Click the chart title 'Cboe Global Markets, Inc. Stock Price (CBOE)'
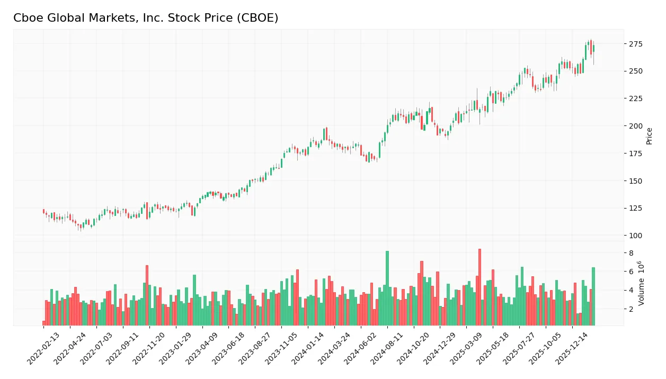tap(146, 18)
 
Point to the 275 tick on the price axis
tap(636, 44)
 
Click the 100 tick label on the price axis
tap(636, 236)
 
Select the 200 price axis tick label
tap(636, 126)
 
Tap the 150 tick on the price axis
tap(636, 181)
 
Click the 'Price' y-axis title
tap(650, 136)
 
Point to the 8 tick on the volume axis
tap(632, 253)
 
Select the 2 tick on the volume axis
tap(632, 309)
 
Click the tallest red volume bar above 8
tap(479, 287)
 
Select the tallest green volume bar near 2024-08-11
tap(387, 288)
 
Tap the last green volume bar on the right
tap(593, 296)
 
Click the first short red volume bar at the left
tap(44, 323)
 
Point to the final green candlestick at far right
tap(593, 48)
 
